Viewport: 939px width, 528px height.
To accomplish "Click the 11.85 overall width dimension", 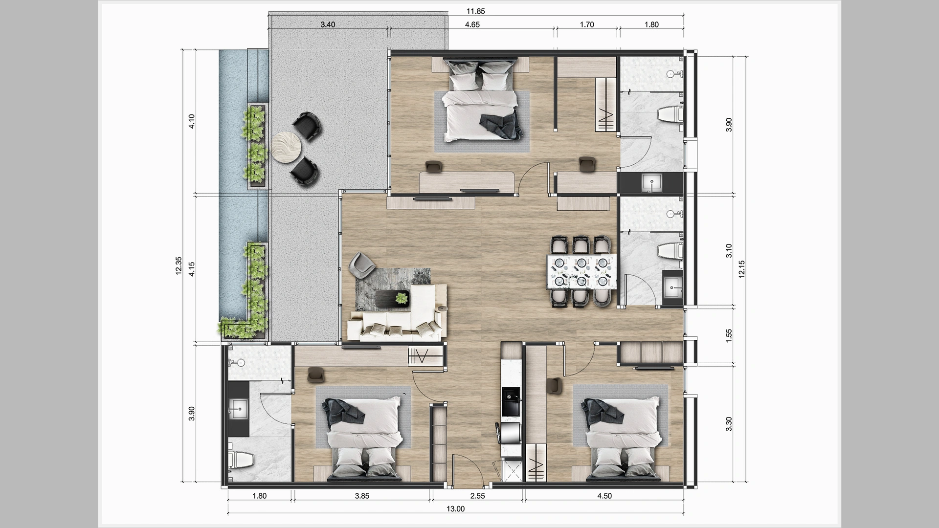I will [x=475, y=11].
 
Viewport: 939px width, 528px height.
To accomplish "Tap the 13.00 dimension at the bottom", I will [x=455, y=509].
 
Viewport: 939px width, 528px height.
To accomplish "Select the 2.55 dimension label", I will [x=477, y=496].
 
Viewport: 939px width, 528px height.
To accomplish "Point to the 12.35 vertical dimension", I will [x=179, y=266].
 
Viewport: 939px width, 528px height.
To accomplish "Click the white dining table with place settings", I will [x=581, y=272].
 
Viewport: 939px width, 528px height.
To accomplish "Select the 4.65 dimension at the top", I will [x=472, y=24].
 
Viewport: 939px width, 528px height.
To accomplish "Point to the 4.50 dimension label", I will [x=604, y=496].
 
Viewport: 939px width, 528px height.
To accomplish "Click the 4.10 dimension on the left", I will [x=192, y=121].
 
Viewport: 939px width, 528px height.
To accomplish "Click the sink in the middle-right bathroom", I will [x=672, y=286].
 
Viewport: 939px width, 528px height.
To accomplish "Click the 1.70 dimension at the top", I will [x=586, y=24].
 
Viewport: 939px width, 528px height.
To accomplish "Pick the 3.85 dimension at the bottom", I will [x=362, y=496].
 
